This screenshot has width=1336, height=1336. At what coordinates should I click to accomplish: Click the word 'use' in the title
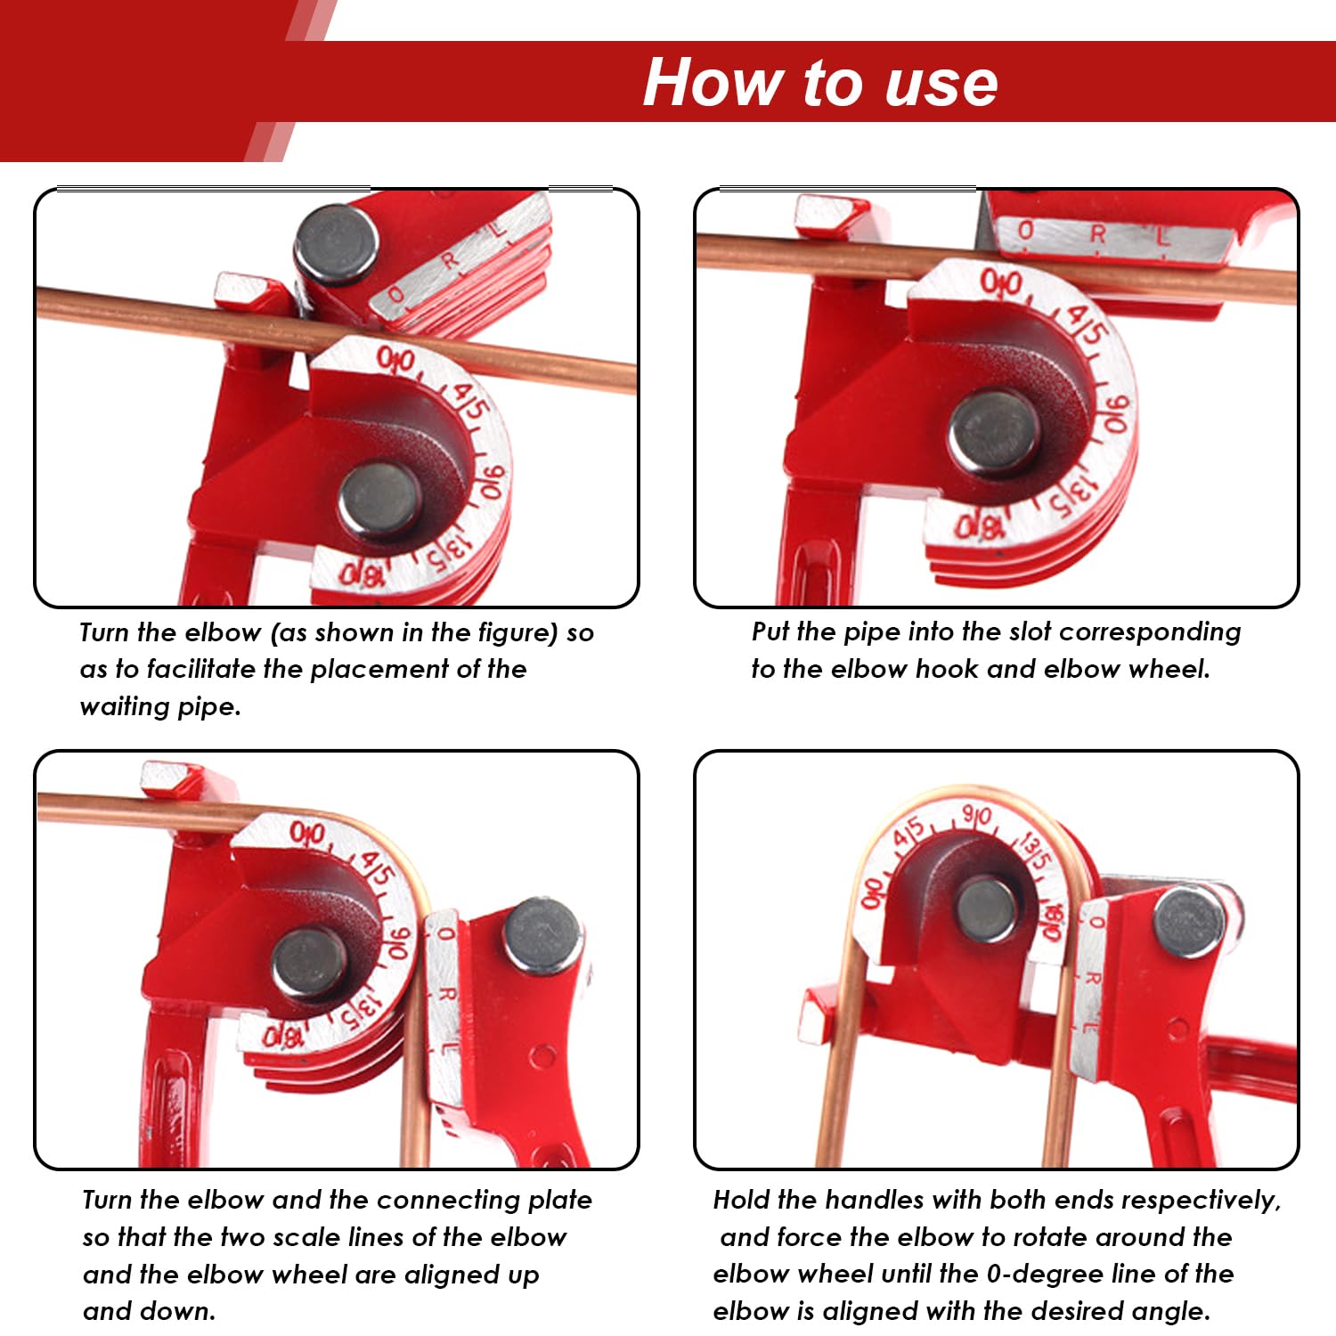[x=941, y=84]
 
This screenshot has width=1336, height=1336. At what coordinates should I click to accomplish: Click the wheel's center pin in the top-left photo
[x=379, y=500]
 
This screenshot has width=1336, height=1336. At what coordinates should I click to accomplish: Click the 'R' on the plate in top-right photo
[x=1097, y=234]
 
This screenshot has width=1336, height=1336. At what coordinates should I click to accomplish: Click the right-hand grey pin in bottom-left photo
[x=541, y=936]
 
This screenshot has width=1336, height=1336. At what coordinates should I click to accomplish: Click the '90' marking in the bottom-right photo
[x=977, y=816]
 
